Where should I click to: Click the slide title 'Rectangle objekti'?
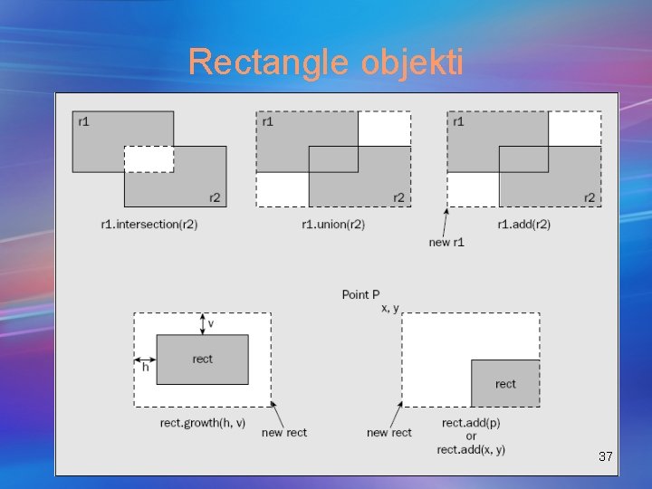(325, 62)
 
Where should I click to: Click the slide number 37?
(606, 457)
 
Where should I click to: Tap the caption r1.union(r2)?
(333, 224)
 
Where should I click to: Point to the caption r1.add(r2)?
(523, 224)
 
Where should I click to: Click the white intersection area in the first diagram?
(149, 159)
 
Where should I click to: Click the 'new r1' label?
(446, 242)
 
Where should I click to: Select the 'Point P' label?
(360, 294)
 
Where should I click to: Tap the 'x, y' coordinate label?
(391, 308)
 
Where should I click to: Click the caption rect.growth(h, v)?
(203, 424)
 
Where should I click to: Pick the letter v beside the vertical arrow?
(211, 323)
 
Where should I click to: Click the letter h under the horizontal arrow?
(145, 367)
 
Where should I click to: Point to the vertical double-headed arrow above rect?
(202, 323)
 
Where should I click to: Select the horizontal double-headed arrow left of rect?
(145, 356)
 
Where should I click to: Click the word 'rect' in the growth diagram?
(203, 360)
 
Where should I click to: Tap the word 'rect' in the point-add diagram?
(505, 384)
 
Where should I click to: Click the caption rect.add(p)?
(471, 423)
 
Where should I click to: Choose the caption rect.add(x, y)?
(471, 450)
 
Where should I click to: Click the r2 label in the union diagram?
(398, 197)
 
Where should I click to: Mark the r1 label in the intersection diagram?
(83, 120)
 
